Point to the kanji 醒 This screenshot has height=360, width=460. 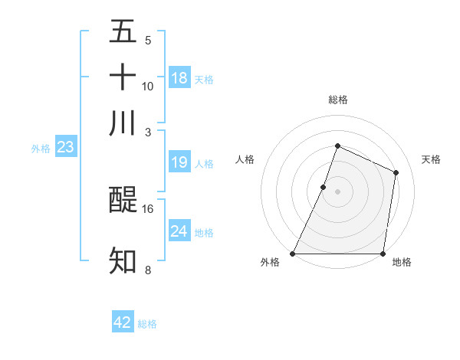pyautogui.click(x=123, y=200)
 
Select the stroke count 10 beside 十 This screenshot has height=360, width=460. pyautogui.click(x=148, y=86)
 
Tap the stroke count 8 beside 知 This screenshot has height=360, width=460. pyautogui.click(x=148, y=270)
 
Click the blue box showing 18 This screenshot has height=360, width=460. pyautogui.click(x=179, y=78)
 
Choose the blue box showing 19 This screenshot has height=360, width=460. pyautogui.click(x=179, y=162)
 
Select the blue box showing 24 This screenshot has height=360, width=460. pyautogui.click(x=179, y=231)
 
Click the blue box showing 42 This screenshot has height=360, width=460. pyautogui.click(x=123, y=322)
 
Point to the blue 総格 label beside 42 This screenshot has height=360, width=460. pyautogui.click(x=147, y=324)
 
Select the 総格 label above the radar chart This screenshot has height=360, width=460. pyautogui.click(x=337, y=100)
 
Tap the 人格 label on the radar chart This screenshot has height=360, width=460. pyautogui.click(x=245, y=159)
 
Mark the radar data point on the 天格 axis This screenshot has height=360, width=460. pyautogui.click(x=396, y=172)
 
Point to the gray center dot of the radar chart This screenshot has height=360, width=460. pyautogui.click(x=337, y=191)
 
